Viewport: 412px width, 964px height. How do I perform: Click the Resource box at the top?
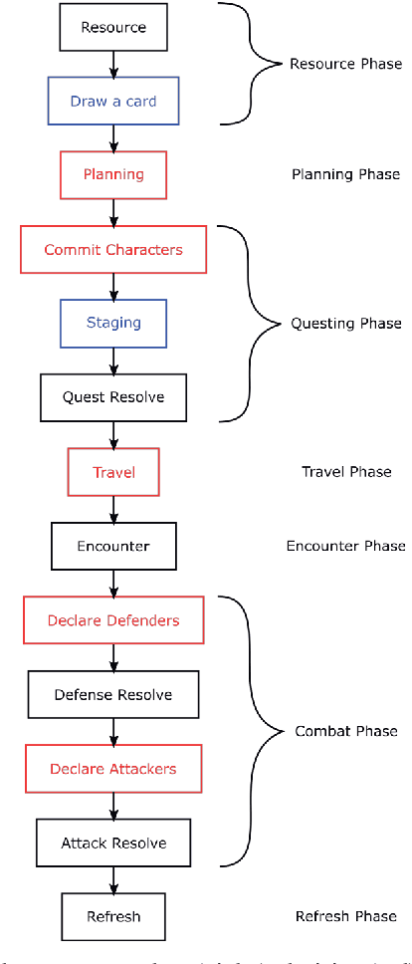pos(112,28)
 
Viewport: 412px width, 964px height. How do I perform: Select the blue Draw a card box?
pos(112,102)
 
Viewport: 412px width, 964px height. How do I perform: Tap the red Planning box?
pos(112,174)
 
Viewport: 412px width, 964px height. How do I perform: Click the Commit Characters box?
pos(112,249)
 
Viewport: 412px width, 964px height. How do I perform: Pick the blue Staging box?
pos(112,323)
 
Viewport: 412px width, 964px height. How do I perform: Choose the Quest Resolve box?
pos(112,397)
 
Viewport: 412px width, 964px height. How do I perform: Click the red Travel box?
pos(112,471)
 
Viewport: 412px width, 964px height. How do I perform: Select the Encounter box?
pos(112,546)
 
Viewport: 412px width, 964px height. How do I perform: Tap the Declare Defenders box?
pos(112,620)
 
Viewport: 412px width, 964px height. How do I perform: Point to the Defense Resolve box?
pos(112,694)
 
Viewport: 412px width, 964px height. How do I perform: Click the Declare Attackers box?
pos(112,768)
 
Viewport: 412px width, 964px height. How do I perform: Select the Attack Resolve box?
pos(112,843)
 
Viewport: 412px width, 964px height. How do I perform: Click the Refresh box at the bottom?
pos(112,916)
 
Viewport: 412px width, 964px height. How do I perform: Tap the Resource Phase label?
pos(345,64)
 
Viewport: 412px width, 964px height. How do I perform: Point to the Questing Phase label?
pos(345,324)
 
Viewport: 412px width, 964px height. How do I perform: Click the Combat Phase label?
pos(345,731)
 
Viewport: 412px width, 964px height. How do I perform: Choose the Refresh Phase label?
pos(345,916)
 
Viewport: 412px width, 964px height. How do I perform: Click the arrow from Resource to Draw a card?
pos(112,65)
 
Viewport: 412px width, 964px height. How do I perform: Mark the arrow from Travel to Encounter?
pos(112,509)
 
